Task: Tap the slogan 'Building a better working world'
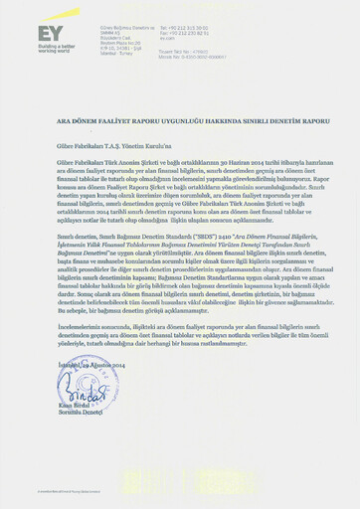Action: coord(56,47)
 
